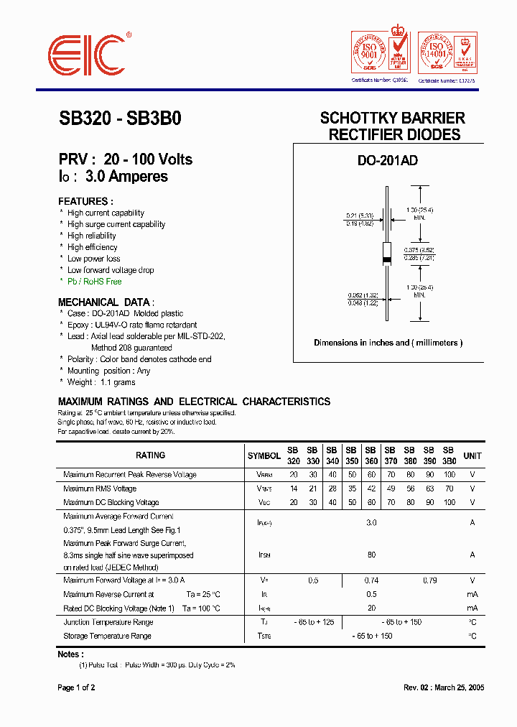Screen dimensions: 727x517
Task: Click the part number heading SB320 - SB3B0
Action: click(x=120, y=119)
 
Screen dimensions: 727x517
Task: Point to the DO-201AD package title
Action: click(x=388, y=162)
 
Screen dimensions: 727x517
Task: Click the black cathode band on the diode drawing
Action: click(x=386, y=259)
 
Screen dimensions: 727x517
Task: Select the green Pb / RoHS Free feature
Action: click(x=94, y=282)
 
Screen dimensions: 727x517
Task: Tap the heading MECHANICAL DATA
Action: click(x=106, y=302)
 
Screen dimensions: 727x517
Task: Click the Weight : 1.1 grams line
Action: click(x=101, y=382)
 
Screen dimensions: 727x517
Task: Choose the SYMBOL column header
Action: click(x=264, y=455)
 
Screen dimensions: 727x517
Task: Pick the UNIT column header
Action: click(x=472, y=455)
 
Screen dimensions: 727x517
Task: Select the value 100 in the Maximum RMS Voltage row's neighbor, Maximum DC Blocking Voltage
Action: click(x=450, y=502)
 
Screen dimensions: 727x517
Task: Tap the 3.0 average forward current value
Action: click(x=371, y=523)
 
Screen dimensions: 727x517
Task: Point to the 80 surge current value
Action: click(x=371, y=555)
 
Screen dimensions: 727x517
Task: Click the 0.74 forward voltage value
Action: click(x=371, y=580)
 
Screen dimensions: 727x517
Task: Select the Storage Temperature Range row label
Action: click(x=107, y=636)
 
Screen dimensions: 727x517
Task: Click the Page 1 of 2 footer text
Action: click(x=76, y=687)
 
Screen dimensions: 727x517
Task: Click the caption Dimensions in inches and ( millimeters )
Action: click(x=388, y=343)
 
